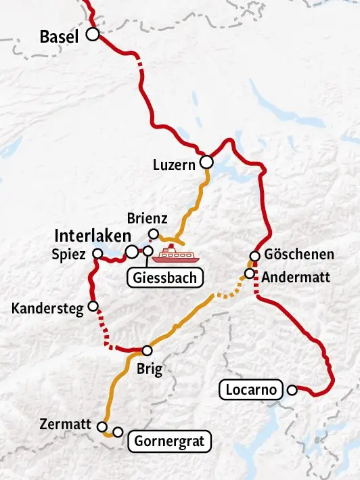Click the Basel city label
tap(59, 37)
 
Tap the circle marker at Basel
tap(91, 34)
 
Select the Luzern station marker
tap(206, 162)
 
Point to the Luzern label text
tap(175, 164)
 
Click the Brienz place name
tap(147, 219)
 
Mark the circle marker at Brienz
tap(154, 234)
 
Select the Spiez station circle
tap(97, 255)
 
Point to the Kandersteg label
tap(47, 309)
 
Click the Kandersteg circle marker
tap(93, 306)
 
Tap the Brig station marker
tap(147, 350)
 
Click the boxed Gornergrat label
tap(170, 442)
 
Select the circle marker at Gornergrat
tap(118, 432)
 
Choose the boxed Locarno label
tap(250, 390)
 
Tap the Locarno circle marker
tap(292, 390)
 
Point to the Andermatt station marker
tap(249, 274)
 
